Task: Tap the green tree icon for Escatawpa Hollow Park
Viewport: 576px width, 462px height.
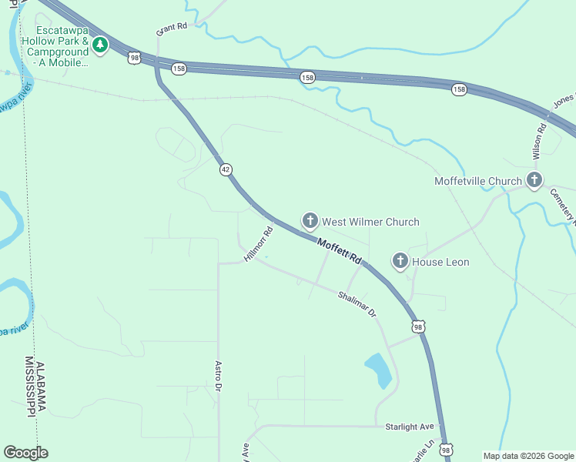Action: [100, 45]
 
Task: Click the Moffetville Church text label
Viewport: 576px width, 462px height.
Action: [477, 181]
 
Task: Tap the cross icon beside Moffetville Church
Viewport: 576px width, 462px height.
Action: [534, 181]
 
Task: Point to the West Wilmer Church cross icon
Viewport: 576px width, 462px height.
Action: [310, 222]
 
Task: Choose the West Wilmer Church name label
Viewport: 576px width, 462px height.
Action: [370, 222]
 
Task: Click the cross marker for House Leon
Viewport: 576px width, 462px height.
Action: [400, 262]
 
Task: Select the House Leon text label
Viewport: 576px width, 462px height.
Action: [440, 262]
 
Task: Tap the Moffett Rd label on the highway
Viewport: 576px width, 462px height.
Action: [339, 252]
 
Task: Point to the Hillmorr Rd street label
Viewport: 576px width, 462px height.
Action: [259, 243]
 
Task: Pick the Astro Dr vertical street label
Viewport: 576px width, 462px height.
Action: [219, 376]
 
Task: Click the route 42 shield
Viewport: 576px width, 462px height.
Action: [225, 169]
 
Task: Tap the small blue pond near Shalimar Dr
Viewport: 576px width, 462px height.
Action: [378, 370]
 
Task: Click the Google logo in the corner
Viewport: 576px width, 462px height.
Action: [25, 453]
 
